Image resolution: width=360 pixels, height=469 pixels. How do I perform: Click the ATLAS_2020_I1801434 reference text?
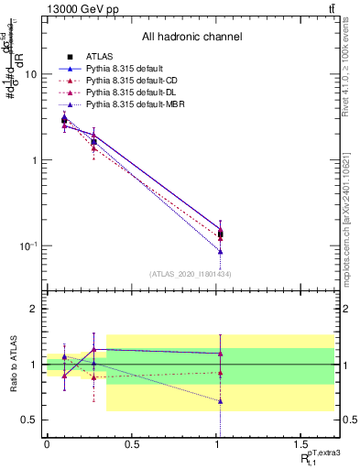click(191, 274)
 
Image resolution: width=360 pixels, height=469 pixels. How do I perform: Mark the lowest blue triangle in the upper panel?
click(221, 251)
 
